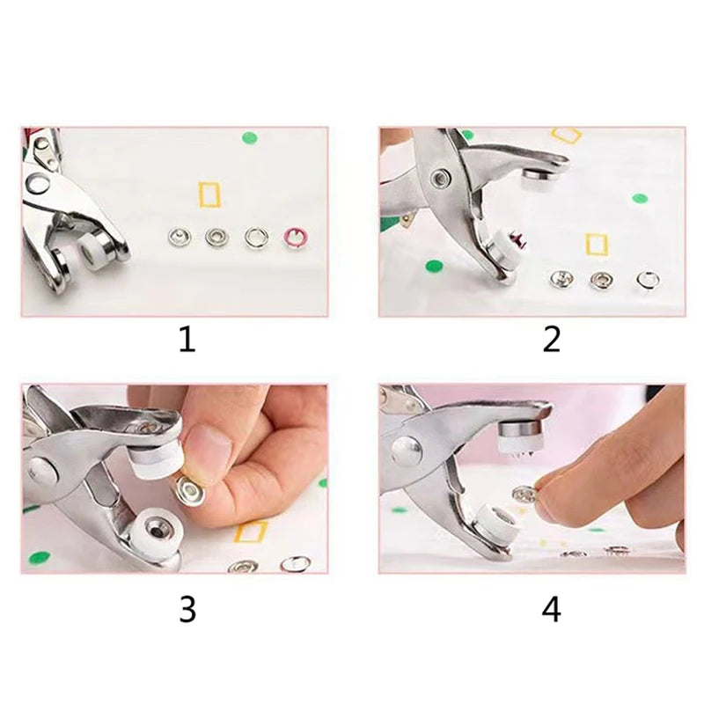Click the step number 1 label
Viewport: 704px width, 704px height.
click(187, 340)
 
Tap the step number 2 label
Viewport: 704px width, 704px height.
click(551, 340)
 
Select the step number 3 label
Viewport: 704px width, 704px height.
click(187, 609)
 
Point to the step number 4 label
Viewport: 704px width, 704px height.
click(551, 609)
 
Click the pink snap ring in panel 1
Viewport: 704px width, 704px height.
click(294, 236)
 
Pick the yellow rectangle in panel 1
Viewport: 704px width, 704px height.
click(209, 194)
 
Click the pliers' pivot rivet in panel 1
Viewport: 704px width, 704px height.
click(38, 184)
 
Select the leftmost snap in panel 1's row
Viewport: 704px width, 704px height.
click(179, 236)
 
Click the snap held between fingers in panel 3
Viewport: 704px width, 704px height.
click(188, 490)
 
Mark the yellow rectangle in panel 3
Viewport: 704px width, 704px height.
click(251, 532)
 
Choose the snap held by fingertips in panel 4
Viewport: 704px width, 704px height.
click(524, 498)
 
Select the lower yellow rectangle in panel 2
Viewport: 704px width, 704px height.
click(597, 244)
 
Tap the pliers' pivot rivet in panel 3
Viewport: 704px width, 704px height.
click(42, 470)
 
